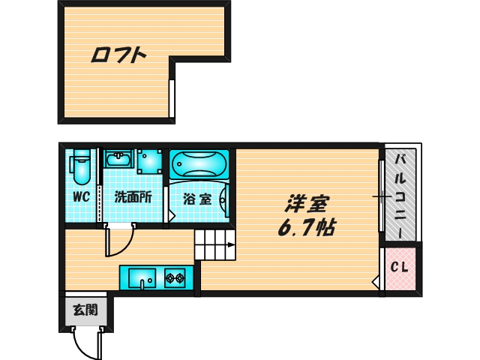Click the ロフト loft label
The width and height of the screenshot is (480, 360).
click(x=118, y=55)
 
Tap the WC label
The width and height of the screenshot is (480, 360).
click(x=81, y=197)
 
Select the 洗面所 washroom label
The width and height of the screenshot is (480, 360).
click(x=133, y=198)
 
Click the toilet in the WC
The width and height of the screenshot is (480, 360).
click(x=81, y=167)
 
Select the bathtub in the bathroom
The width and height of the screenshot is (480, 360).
click(x=199, y=163)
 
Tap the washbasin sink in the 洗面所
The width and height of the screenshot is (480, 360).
click(x=118, y=159)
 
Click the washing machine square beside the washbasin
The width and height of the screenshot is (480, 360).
click(x=148, y=160)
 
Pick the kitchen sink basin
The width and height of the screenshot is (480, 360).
click(x=141, y=279)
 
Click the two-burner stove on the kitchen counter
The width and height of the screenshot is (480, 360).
click(x=175, y=279)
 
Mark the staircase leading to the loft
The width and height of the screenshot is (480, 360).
click(x=215, y=244)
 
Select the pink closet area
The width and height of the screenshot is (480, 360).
click(x=399, y=268)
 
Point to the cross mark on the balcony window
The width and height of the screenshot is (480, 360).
click(x=382, y=197)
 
